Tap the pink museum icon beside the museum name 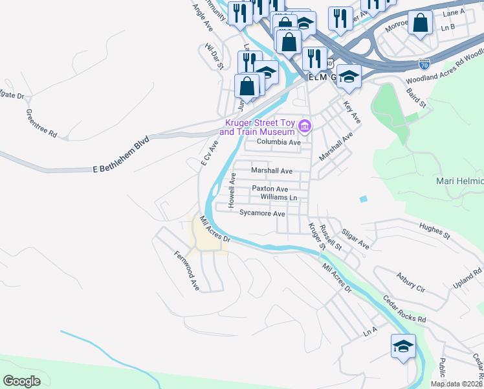pyautogui.click(x=304, y=124)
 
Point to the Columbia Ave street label pyautogui.click(x=279, y=142)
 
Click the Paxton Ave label pyautogui.click(x=269, y=189)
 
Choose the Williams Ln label pyautogui.click(x=279, y=197)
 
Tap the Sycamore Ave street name pyautogui.click(x=262, y=213)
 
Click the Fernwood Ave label pyautogui.click(x=183, y=270)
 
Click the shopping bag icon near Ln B pyautogui.click(x=421, y=23)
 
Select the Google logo pyautogui.click(x=22, y=381)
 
